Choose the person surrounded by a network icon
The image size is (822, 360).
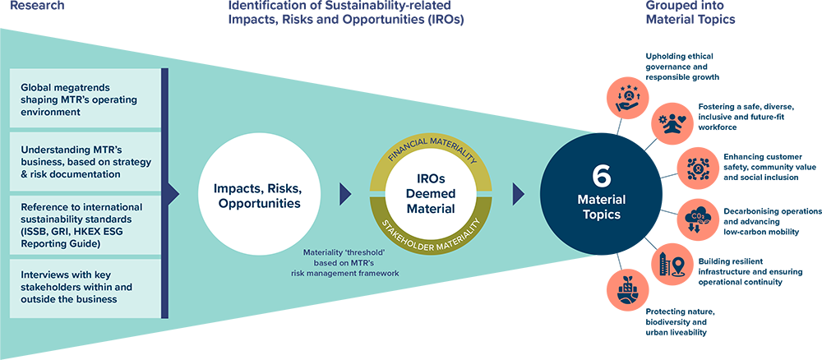(700, 169)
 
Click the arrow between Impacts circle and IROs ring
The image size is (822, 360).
(345, 195)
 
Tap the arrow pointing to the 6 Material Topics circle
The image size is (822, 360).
(519, 195)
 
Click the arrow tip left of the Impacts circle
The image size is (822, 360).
(173, 195)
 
